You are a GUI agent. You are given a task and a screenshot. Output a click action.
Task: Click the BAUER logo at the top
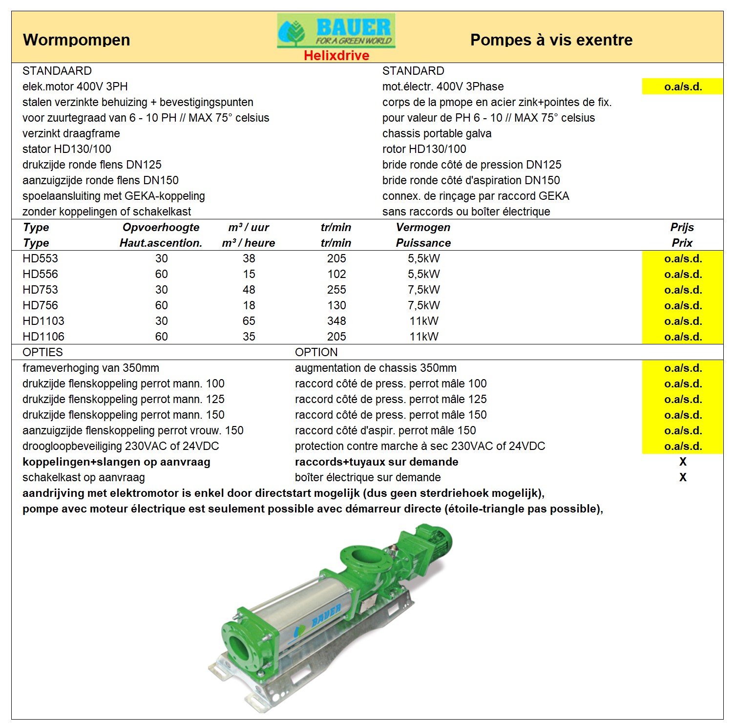pyautogui.click(x=336, y=31)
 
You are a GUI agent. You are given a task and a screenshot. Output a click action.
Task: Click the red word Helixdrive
pyautogui.click(x=336, y=56)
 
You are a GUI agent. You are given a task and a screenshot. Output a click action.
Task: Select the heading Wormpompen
pyautogui.click(x=77, y=40)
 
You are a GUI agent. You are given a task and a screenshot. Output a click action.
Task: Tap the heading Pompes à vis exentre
pyautogui.click(x=551, y=40)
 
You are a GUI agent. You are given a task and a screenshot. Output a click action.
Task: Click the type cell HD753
pyautogui.click(x=40, y=290)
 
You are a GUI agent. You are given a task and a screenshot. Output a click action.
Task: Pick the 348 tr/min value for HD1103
pyautogui.click(x=336, y=321)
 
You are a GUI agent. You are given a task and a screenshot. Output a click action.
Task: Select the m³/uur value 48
pyautogui.click(x=249, y=290)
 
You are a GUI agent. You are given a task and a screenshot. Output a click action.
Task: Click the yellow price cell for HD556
pyautogui.click(x=682, y=274)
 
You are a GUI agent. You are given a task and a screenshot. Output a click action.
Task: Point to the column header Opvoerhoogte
pyautogui.click(x=161, y=227)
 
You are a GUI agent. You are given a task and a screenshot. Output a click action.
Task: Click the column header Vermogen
pyautogui.click(x=423, y=227)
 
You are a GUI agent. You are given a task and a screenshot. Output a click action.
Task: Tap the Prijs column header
pyautogui.click(x=682, y=227)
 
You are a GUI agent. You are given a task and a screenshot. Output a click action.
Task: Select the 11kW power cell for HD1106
pyautogui.click(x=424, y=337)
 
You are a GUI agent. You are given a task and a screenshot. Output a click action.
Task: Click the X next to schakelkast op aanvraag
pyautogui.click(x=682, y=477)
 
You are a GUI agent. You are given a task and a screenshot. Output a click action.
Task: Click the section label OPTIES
pyautogui.click(x=42, y=352)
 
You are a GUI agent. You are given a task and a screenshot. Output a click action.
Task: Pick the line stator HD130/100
pyautogui.click(x=67, y=149)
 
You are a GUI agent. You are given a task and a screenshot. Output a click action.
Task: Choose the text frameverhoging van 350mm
pyautogui.click(x=91, y=368)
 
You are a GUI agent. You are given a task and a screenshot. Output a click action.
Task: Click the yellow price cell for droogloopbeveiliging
pyautogui.click(x=682, y=446)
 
